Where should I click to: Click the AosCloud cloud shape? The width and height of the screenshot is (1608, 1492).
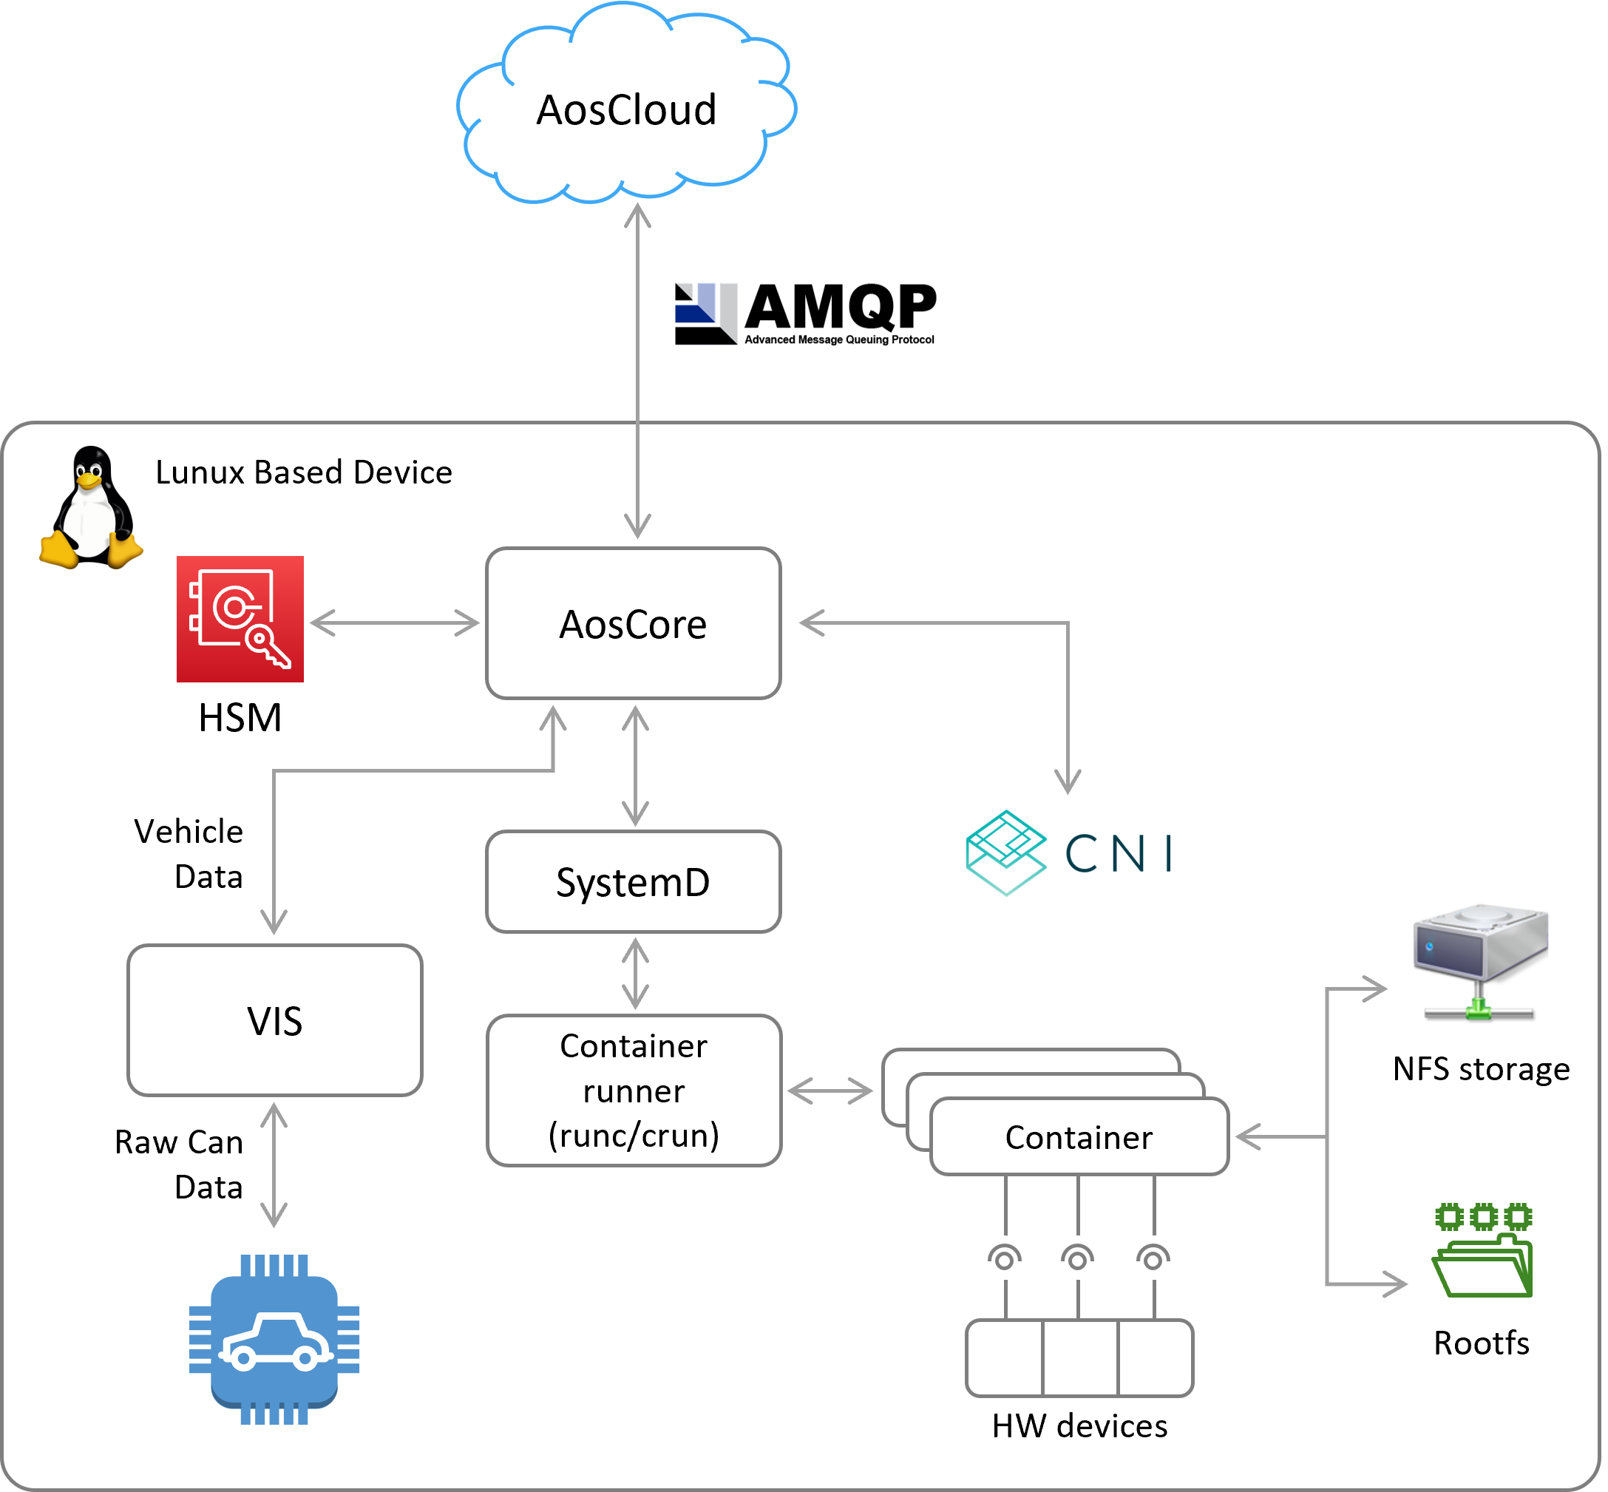click(625, 109)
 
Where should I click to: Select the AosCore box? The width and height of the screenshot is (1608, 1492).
click(633, 623)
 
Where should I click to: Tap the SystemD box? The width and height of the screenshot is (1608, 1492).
click(633, 881)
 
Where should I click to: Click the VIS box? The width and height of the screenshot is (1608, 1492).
click(274, 1020)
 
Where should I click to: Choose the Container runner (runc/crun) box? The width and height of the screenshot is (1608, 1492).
click(634, 1090)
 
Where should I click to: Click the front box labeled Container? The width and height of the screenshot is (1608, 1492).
click(1079, 1137)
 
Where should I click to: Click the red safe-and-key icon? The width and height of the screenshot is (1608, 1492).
click(240, 620)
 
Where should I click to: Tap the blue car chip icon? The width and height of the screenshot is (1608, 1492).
click(274, 1340)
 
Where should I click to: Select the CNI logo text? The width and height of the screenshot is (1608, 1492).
click(1118, 853)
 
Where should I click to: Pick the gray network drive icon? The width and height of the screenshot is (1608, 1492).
click(1479, 960)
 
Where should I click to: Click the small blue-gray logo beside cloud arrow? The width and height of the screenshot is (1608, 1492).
click(706, 313)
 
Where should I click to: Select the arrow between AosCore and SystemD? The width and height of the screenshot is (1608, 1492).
click(635, 765)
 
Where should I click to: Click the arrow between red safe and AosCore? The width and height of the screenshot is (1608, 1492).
click(395, 623)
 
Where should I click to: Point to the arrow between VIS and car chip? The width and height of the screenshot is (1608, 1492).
click(274, 1165)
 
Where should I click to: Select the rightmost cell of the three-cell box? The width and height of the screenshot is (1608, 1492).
click(1154, 1358)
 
